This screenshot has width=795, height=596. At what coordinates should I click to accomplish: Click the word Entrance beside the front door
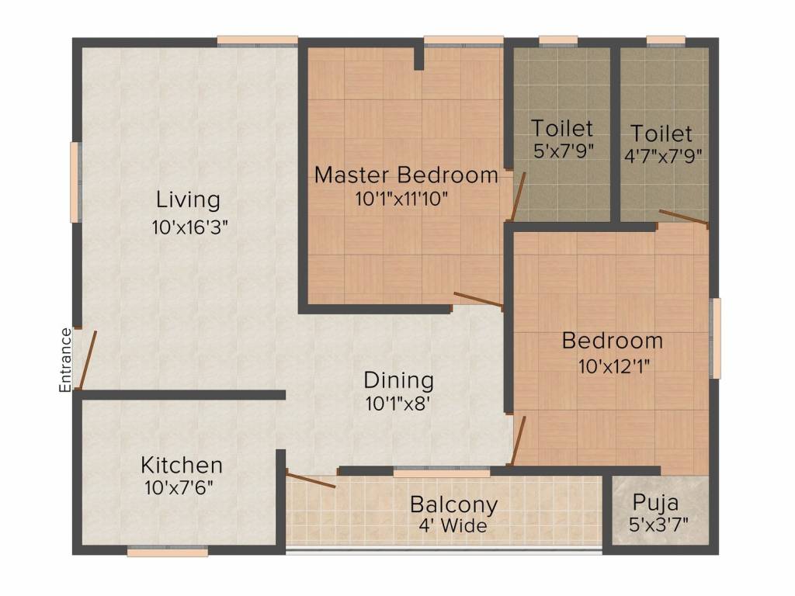pyautogui.click(x=65, y=360)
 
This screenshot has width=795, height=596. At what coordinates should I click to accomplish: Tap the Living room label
pyautogui.click(x=188, y=199)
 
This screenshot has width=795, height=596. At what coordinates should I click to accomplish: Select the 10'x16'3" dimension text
pyautogui.click(x=190, y=227)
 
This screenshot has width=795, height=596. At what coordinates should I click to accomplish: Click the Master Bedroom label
pyautogui.click(x=406, y=175)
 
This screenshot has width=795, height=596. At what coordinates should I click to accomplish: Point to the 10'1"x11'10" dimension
pyautogui.click(x=401, y=199)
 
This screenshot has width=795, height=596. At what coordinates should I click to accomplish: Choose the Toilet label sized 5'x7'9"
pyautogui.click(x=562, y=128)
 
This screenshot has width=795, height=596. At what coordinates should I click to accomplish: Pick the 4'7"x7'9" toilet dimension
pyautogui.click(x=663, y=156)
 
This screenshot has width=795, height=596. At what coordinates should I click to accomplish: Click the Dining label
pyautogui.click(x=398, y=380)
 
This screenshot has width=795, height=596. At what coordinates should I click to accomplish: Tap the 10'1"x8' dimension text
pyautogui.click(x=398, y=404)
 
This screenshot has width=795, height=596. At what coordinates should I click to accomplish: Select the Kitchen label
pyautogui.click(x=182, y=465)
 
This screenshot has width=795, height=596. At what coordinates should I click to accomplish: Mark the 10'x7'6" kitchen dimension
pyautogui.click(x=179, y=487)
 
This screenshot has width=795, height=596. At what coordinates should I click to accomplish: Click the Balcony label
pyautogui.click(x=453, y=504)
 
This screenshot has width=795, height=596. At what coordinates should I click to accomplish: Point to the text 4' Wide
pyautogui.click(x=453, y=525)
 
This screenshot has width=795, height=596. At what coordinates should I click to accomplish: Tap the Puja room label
pyautogui.click(x=655, y=503)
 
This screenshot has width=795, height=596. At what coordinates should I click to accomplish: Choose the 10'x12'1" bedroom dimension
pyautogui.click(x=614, y=366)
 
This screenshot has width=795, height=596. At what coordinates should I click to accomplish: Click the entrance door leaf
pyautogui.click(x=88, y=360)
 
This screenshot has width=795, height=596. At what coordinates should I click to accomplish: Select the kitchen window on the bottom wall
pyautogui.click(x=168, y=551)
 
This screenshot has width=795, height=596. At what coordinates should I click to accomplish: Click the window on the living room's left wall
pyautogui.click(x=75, y=182)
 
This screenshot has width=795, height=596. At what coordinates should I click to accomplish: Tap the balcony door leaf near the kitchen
pyautogui.click(x=311, y=478)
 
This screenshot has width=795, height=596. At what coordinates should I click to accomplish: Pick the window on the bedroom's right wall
pyautogui.click(x=715, y=338)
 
